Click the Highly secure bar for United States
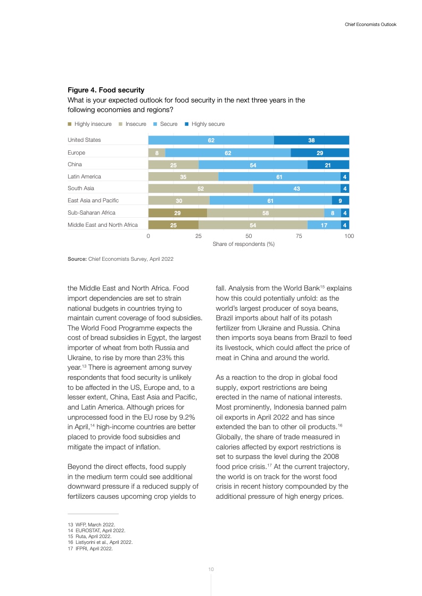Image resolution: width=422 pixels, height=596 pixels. pos(311,140)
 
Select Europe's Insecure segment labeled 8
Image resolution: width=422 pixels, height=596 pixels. pos(156,152)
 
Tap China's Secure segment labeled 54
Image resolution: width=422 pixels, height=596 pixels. pos(253,165)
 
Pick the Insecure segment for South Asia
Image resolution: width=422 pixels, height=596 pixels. pos(201,189)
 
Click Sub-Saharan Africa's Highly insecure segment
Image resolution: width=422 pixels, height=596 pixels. pos(177,212)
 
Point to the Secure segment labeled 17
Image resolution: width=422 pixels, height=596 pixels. pos(324,225)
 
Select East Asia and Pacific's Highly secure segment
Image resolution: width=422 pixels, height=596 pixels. pos(341,201)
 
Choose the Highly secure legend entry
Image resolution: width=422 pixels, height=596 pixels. pos(204,124)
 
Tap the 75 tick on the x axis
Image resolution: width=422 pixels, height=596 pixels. pos(299,235)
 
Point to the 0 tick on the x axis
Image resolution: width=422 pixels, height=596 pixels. pos(148,235)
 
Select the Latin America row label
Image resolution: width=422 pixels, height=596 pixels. pos(84,176)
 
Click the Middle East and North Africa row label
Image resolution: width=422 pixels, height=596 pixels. pos(103,225)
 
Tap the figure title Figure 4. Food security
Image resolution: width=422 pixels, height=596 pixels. pos(106,90)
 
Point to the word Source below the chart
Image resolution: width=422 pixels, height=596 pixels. pos(77,259)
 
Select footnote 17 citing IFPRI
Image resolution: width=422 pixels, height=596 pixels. pos(90,549)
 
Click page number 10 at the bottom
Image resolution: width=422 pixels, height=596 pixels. pos(211,569)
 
